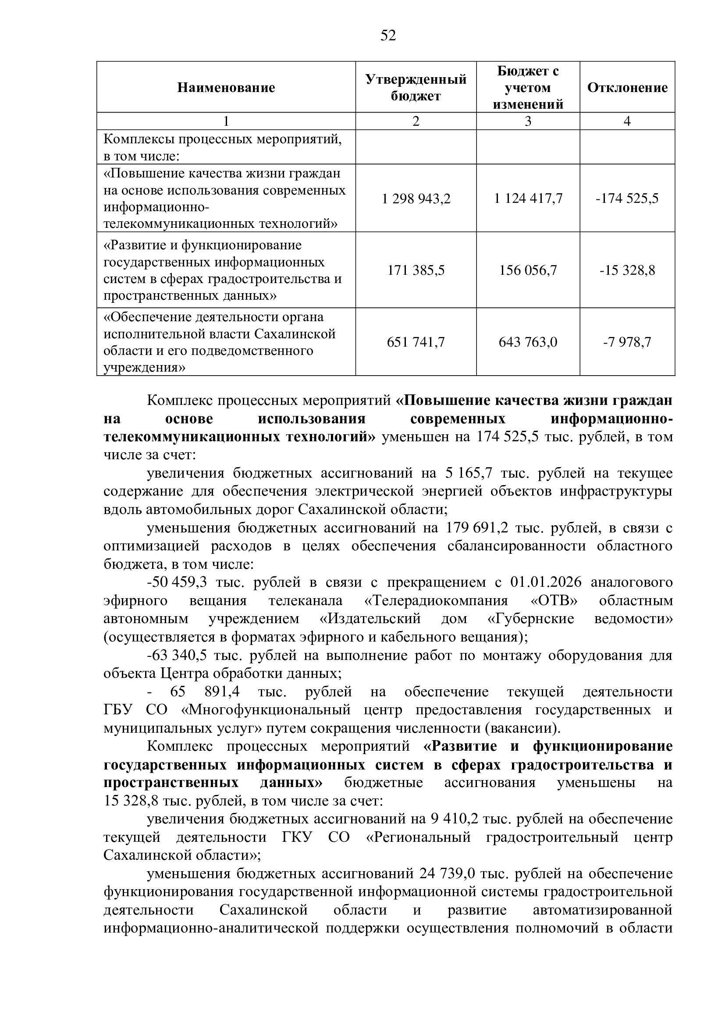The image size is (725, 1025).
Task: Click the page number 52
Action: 388,35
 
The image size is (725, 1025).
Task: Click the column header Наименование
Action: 226,88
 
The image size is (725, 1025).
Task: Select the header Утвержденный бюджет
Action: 416,88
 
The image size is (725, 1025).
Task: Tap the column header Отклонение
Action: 627,88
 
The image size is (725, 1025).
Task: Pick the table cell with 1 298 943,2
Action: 416,198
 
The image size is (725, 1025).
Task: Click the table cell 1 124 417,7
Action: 528,198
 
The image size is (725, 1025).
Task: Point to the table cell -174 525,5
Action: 627,198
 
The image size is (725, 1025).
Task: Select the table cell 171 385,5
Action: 416,270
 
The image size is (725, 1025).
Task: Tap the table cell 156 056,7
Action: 528,270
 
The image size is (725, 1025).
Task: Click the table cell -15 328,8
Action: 627,270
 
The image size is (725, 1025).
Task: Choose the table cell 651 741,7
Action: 416,342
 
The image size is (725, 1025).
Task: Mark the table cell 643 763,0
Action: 528,342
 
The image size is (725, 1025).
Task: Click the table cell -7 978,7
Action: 627,342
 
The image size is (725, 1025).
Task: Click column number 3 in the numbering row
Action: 528,121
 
